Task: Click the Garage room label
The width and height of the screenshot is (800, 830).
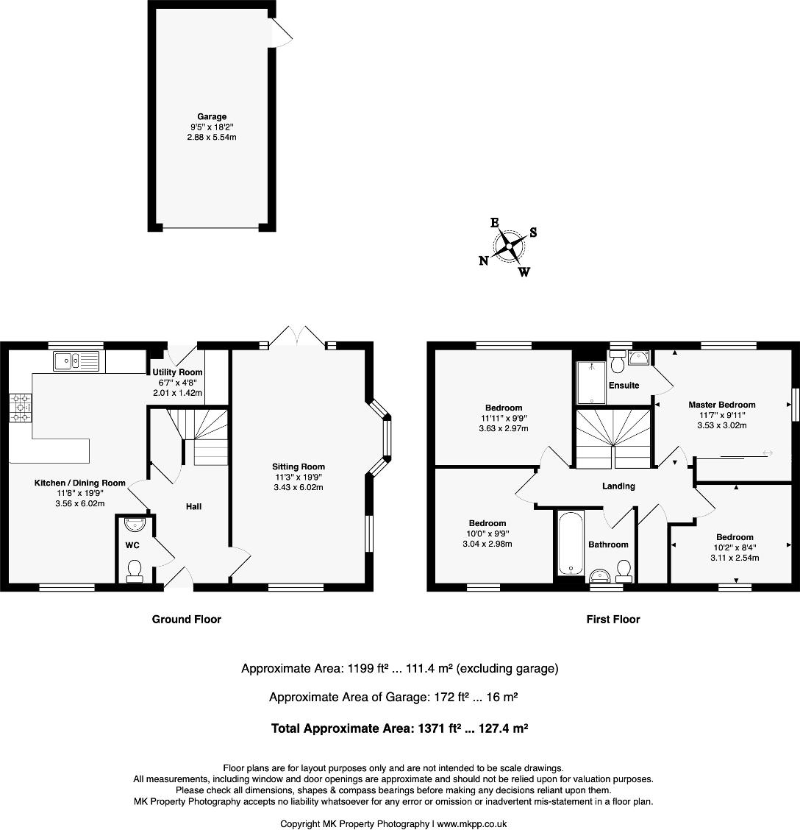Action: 212,117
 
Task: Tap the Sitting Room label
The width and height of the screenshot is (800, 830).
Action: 298,467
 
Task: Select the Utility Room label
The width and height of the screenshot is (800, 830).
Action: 177,372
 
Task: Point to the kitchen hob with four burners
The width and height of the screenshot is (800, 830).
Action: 21,408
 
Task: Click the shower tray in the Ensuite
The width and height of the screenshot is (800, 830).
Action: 590,382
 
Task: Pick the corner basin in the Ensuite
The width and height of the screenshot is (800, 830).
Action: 639,358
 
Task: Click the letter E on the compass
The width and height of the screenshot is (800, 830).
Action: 495,222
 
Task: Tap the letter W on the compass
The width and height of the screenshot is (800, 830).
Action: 524,272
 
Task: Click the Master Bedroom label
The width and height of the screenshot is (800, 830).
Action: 721,405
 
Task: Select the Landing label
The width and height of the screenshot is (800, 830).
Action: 618,486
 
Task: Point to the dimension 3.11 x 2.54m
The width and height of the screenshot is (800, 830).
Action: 734,558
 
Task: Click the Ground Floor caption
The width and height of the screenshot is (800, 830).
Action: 186,620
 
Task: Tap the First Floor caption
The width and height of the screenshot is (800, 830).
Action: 612,620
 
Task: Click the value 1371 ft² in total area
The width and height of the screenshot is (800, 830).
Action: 436,728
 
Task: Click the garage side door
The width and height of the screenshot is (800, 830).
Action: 282,31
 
